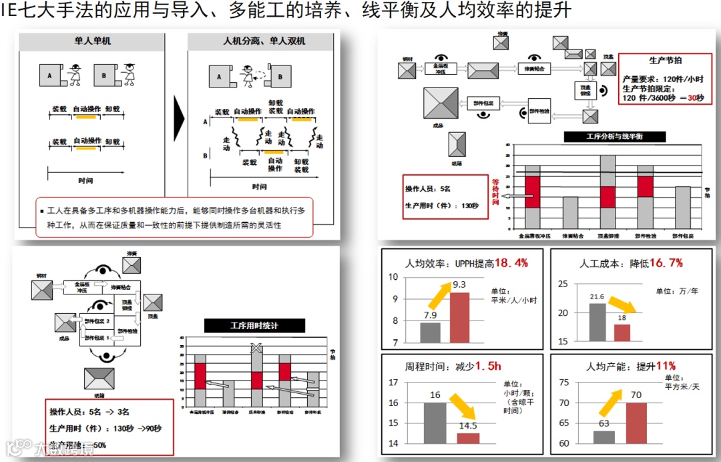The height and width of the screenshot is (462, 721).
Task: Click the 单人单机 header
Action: tap(93, 41)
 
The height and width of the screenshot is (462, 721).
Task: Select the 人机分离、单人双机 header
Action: tap(264, 41)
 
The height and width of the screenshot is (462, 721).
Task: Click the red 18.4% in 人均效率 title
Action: tap(511, 263)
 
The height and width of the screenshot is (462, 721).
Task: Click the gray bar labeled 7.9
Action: tap(431, 332)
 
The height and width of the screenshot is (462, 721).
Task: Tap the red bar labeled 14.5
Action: tap(468, 438)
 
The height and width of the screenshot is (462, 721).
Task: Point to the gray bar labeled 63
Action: tap(604, 437)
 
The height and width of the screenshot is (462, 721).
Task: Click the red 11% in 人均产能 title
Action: tap(666, 366)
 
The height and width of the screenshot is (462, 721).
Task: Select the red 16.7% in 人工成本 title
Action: tap(666, 263)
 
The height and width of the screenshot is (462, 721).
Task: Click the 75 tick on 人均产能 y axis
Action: tap(563, 382)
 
